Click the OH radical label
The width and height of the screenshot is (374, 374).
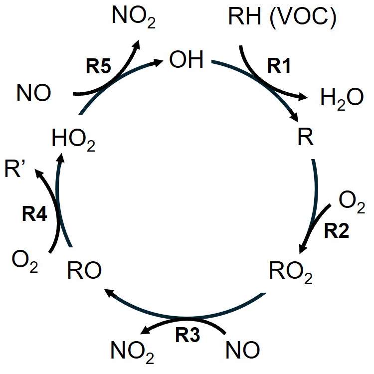[187, 61]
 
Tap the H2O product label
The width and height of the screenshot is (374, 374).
[342, 98]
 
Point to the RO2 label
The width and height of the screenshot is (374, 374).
[291, 272]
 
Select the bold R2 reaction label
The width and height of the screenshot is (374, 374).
[339, 230]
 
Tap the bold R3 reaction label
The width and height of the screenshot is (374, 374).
[187, 336]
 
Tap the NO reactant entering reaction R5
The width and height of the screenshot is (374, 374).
[33, 93]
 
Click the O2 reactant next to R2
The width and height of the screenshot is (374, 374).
[352, 202]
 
